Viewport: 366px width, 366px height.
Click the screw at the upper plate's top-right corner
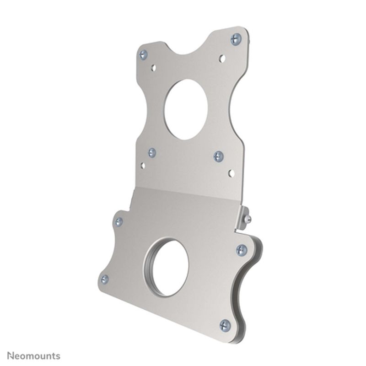(x=236, y=38)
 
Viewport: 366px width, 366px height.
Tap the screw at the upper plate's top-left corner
(x=143, y=55)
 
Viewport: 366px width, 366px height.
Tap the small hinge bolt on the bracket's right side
(x=247, y=219)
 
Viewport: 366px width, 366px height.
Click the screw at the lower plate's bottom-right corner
(x=225, y=325)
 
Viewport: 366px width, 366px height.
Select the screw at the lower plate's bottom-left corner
(x=105, y=279)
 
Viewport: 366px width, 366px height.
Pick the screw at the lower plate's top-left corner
(x=118, y=222)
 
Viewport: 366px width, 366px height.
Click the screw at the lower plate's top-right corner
(x=242, y=249)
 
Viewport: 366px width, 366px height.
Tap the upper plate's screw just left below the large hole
(x=152, y=152)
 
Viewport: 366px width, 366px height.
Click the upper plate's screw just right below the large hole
(x=219, y=156)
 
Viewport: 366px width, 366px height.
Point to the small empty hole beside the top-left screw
(x=154, y=68)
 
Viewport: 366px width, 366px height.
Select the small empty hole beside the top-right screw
(x=222, y=58)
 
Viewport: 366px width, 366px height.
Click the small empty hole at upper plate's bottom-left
(x=143, y=165)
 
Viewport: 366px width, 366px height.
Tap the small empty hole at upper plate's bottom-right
(x=231, y=173)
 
